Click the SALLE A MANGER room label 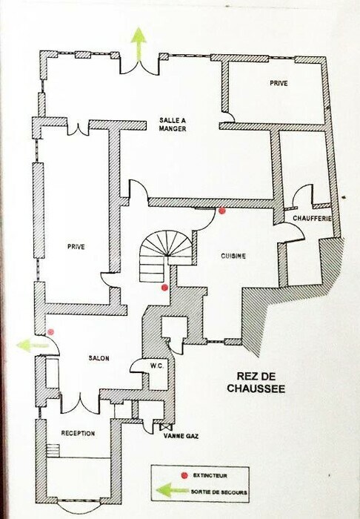pyautogui.click(x=173, y=125)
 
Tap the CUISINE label pyautogui.click(x=233, y=256)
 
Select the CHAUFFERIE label pyautogui.click(x=313, y=219)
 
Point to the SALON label pyautogui.click(x=99, y=358)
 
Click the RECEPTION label pyautogui.click(x=78, y=433)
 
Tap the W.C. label pyautogui.click(x=156, y=366)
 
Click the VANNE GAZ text pyautogui.click(x=181, y=436)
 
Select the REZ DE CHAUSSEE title pyautogui.click(x=256, y=383)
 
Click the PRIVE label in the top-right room pyautogui.click(x=279, y=83)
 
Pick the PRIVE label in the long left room pyautogui.click(x=76, y=247)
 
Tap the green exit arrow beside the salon pyautogui.click(x=33, y=346)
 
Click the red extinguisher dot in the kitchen pyautogui.click(x=222, y=211)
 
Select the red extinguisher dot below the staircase pyautogui.click(x=164, y=288)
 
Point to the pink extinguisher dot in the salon pyautogui.click(x=50, y=331)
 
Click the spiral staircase pyautogui.click(x=165, y=255)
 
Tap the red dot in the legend pyautogui.click(x=184, y=476)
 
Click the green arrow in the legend pyautogui.click(x=172, y=490)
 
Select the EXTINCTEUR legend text pyautogui.click(x=210, y=476)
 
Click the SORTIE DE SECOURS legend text pyautogui.click(x=219, y=492)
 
